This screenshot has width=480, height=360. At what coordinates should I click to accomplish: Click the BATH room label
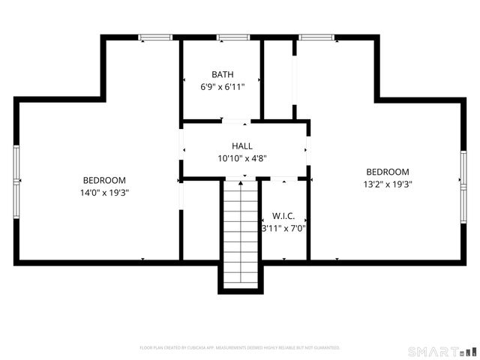(222, 74)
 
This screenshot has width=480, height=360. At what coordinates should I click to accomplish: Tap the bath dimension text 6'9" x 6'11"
(222, 86)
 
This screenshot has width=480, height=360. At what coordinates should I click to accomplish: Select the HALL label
(241, 146)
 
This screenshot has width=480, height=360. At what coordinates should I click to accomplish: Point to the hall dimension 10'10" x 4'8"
(241, 158)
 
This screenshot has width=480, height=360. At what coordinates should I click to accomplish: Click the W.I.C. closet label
(283, 216)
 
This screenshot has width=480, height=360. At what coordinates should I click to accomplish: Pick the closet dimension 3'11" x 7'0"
(283, 228)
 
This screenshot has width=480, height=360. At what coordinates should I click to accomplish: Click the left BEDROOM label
(104, 180)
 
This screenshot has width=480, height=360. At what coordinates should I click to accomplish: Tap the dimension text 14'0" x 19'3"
(104, 192)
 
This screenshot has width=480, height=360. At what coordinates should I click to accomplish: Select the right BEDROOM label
(387, 172)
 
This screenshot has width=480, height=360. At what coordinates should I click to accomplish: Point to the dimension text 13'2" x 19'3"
(387, 184)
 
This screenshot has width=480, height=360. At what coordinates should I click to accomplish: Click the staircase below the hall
(241, 232)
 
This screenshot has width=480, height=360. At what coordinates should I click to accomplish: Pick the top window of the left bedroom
(154, 37)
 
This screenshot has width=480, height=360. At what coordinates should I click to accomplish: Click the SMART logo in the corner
(441, 351)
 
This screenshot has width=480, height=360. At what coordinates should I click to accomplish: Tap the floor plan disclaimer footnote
(240, 348)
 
